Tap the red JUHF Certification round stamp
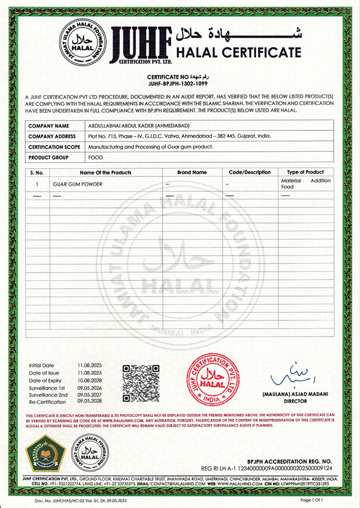pyautogui.click(x=212, y=379)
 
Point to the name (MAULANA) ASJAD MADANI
pyautogui.click(x=287, y=396)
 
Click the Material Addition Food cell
pyautogui.click(x=305, y=184)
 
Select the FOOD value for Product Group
pyautogui.click(x=95, y=157)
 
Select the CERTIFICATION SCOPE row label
pyautogui.click(x=56, y=147)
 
